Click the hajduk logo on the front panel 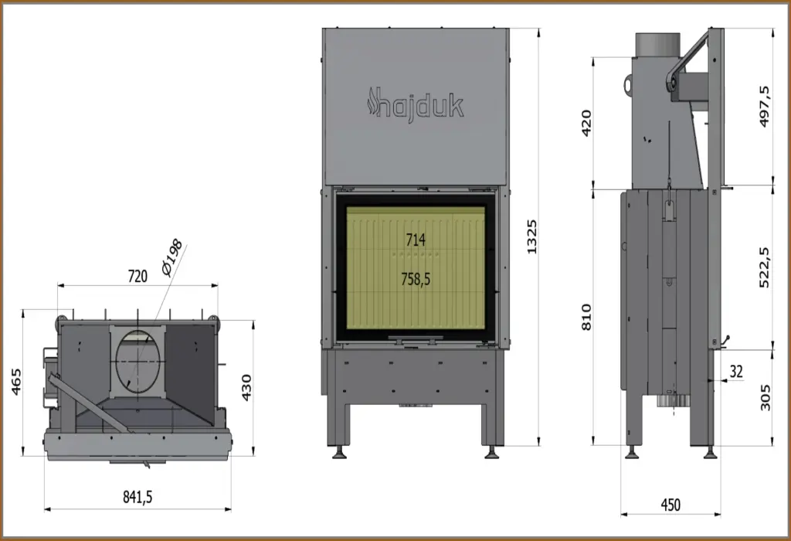coord(415,104)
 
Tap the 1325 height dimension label coord(531,236)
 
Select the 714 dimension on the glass coord(416,240)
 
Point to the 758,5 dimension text coord(416,278)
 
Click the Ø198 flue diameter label coord(173,257)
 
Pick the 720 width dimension coord(137,276)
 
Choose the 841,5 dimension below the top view coord(137,497)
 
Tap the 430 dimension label coord(246,387)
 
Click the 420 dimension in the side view coord(586,123)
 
